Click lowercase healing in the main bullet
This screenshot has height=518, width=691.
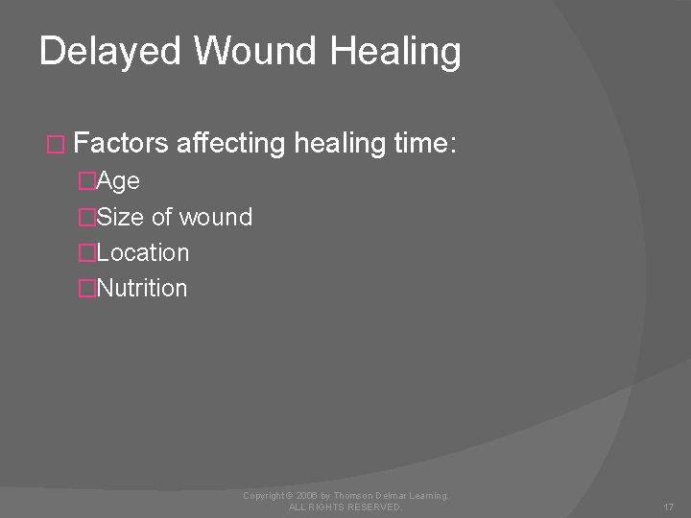340,145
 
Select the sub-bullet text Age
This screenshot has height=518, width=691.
119,181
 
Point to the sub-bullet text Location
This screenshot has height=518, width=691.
143,253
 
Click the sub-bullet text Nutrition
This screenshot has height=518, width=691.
143,288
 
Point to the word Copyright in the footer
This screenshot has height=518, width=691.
264,495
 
